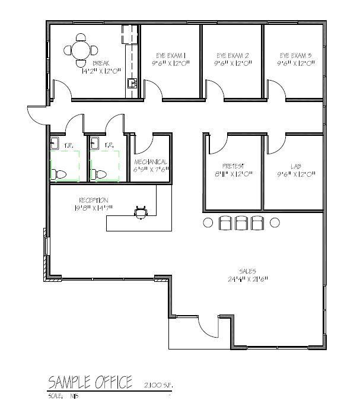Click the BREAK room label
pos(100,62)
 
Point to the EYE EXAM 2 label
pos(231,55)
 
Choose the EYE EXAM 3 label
pos(295,55)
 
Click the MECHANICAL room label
pos(151,162)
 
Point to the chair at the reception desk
pos(141,212)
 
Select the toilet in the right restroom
pos(100,174)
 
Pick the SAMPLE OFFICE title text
pos(90,382)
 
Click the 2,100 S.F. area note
pos(156,385)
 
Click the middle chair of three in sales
pos(241,223)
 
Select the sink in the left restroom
pos(55,143)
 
